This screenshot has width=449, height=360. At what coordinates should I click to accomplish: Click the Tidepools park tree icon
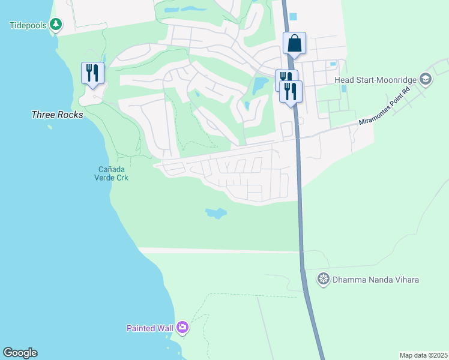pyautogui.click(x=56, y=25)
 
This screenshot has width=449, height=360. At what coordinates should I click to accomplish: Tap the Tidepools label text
pyautogui.click(x=28, y=25)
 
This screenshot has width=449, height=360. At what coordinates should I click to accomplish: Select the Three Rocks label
pyautogui.click(x=57, y=114)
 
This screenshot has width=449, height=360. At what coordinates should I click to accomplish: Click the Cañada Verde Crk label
pyautogui.click(x=111, y=173)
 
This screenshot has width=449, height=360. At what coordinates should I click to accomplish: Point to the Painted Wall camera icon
pyautogui.click(x=182, y=328)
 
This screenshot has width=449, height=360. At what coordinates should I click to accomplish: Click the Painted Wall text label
pyautogui.click(x=149, y=328)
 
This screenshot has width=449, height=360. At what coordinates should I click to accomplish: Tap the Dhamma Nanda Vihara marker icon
pyautogui.click(x=324, y=279)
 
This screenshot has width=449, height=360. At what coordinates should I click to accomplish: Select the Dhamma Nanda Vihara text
pyautogui.click(x=376, y=280)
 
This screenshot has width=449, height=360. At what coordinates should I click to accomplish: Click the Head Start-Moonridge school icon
pyautogui.click(x=425, y=79)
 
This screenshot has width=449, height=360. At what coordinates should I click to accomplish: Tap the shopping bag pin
pyautogui.click(x=294, y=44)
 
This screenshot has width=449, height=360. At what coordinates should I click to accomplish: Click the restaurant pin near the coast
pyautogui.click(x=92, y=74)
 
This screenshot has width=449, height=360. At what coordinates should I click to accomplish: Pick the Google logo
pyautogui.click(x=20, y=353)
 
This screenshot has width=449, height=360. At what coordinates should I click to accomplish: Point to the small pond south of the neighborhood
pyautogui.click(x=216, y=213)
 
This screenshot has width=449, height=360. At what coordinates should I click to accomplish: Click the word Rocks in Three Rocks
pyautogui.click(x=70, y=114)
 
